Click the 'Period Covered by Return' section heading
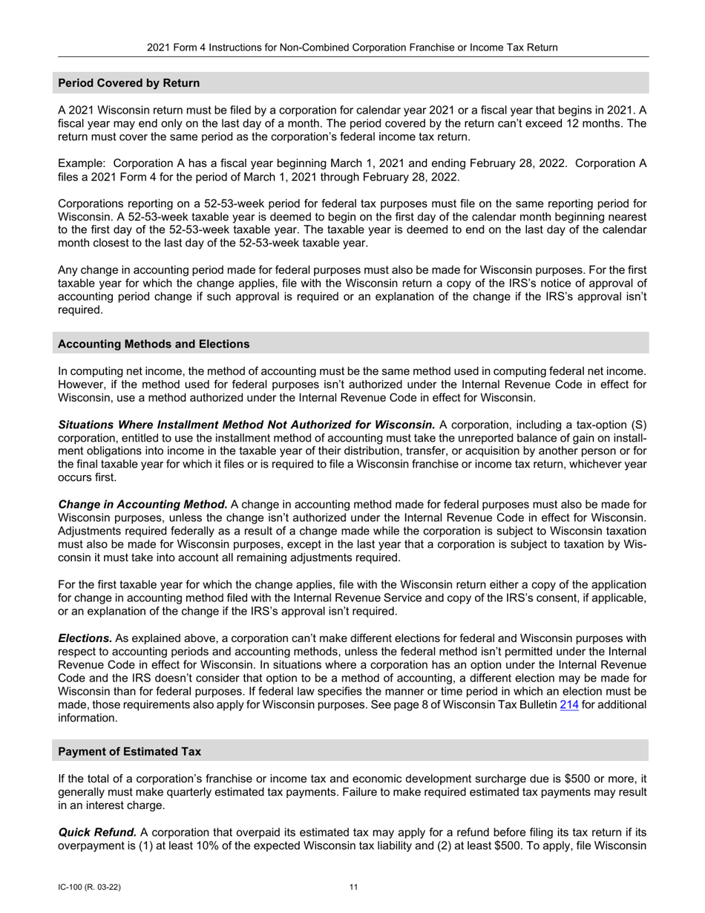pyautogui.click(x=129, y=83)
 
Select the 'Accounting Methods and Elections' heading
pyautogui.click(x=154, y=344)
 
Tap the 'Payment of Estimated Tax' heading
pyautogui.click(x=129, y=751)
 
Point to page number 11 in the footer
pyautogui.click(x=353, y=887)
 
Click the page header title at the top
pyautogui.click(x=352, y=48)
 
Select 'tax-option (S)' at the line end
pyautogui.click(x=614, y=425)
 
